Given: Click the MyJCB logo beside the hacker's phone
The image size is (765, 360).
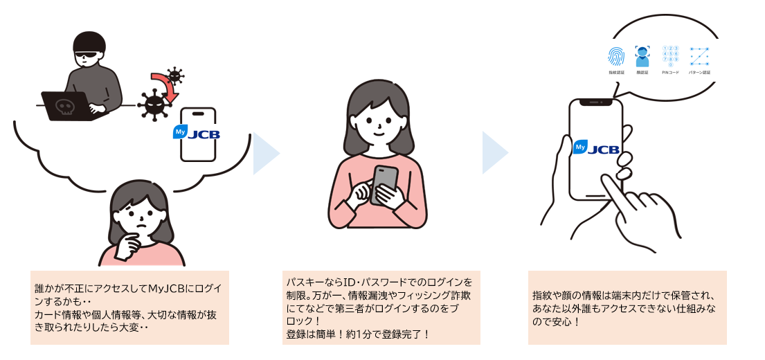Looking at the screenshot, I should click(x=197, y=133).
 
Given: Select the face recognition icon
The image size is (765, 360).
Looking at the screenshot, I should click(x=643, y=56).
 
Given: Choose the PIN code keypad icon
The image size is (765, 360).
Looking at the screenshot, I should click(x=670, y=56).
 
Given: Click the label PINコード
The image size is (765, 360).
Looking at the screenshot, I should click(x=670, y=73).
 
